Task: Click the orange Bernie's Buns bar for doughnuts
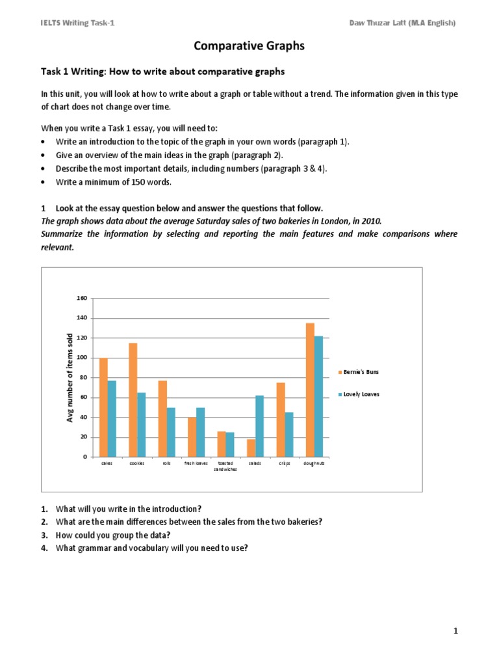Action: pos(310,390)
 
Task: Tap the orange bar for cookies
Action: pos(133,400)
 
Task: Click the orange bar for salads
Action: pos(251,448)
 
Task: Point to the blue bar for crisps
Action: pos(289,434)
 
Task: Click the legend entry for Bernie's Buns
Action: pos(358,371)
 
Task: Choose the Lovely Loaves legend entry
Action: pos(358,394)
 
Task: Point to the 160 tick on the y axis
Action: pos(82,299)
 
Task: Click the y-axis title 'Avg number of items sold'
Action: pos(71,377)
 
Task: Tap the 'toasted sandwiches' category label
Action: pos(225,466)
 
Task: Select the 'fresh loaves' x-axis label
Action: pos(196,463)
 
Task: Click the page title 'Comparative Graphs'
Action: pos(249,46)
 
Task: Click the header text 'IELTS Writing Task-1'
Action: pos(77,23)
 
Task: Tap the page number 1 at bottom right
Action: pos(456,631)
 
